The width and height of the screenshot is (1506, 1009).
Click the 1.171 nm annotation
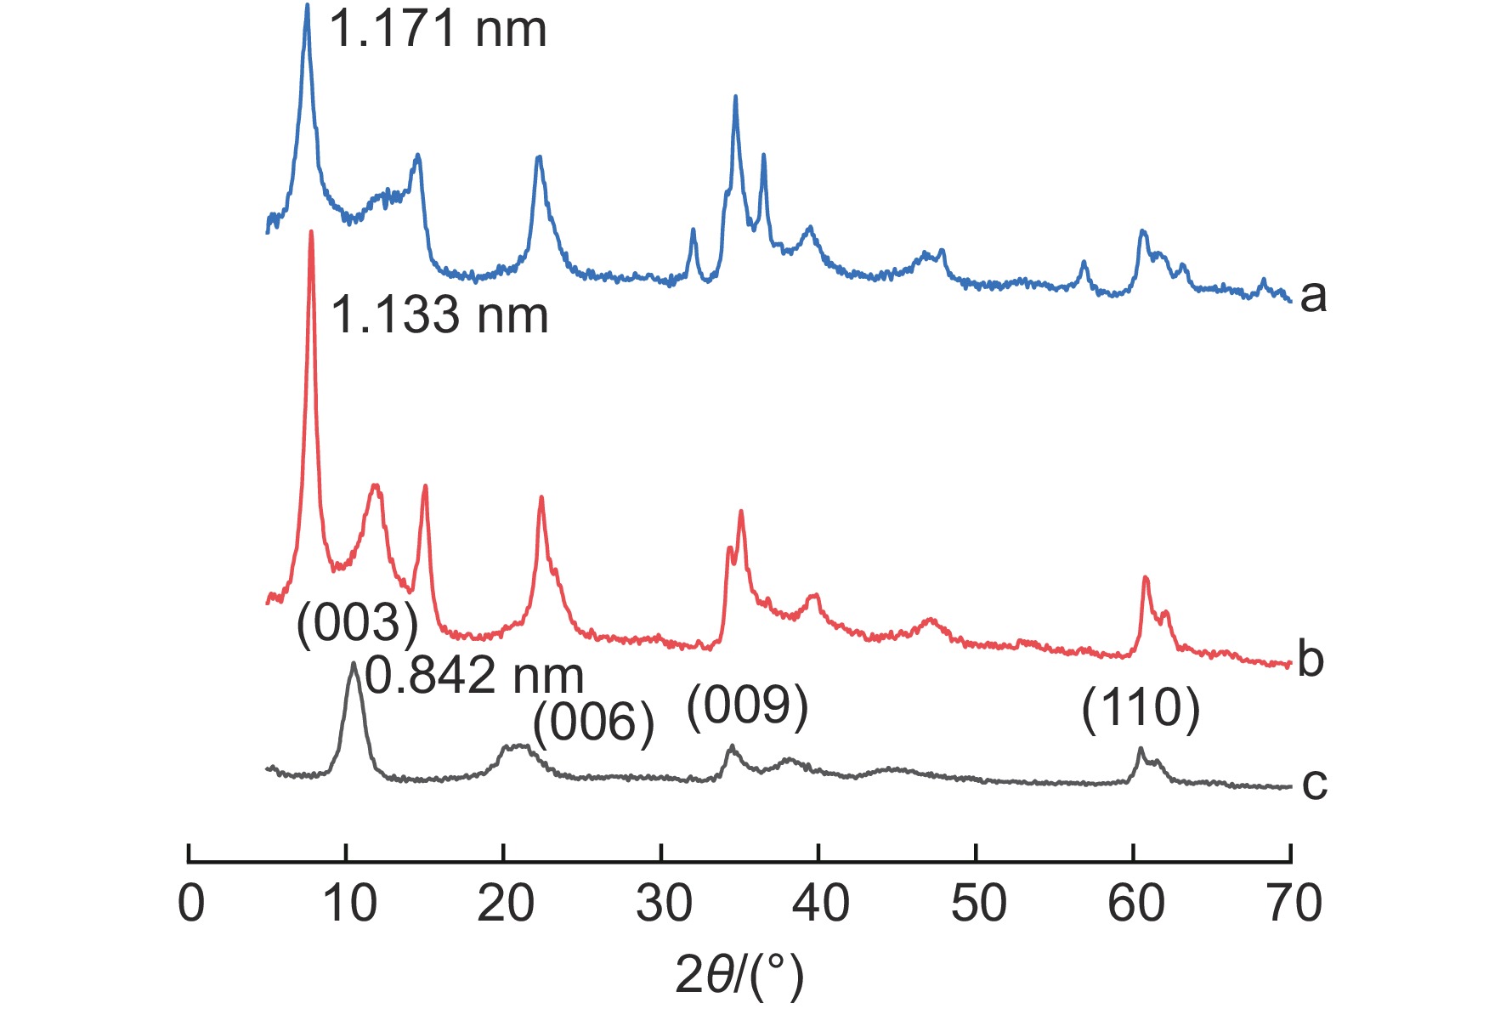437,29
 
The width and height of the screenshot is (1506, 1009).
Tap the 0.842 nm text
474,676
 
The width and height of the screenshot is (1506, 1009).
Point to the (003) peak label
357,623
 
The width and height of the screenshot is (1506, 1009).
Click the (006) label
593,723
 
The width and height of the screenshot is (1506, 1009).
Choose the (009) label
747,706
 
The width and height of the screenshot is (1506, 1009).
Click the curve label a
1312,296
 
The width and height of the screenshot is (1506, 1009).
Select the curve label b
1311,659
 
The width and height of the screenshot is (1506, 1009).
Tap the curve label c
1314,783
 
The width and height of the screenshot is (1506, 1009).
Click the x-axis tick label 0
191,904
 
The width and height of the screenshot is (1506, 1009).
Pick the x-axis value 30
663,904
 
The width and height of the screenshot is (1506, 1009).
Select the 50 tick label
978,904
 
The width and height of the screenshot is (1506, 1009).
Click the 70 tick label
1294,904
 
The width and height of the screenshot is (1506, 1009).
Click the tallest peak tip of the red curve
312,231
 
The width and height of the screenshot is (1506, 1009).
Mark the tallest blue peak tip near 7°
307,5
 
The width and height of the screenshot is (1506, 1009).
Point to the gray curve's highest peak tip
353,663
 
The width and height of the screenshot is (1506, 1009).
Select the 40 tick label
821,904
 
